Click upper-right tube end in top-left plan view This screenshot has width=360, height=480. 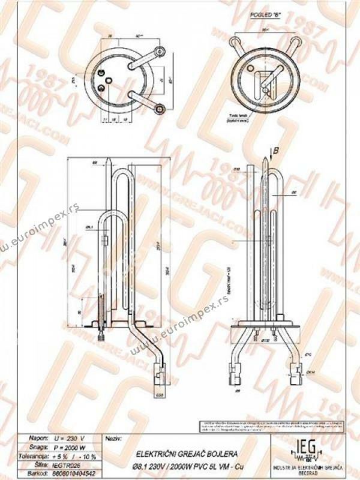[160, 52]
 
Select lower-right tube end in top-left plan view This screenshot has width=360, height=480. [160, 108]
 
